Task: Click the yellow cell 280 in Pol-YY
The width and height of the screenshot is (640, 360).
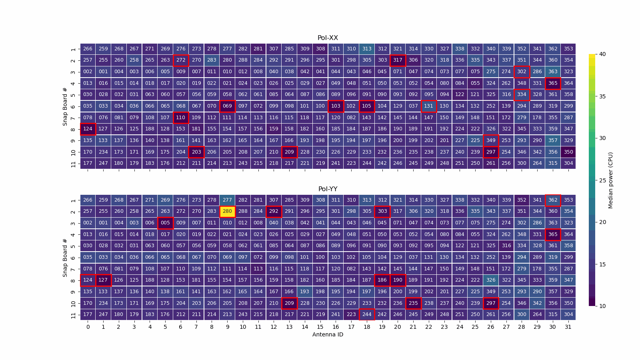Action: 227,211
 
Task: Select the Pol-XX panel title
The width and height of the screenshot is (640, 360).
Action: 328,38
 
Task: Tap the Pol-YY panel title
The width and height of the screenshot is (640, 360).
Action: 328,189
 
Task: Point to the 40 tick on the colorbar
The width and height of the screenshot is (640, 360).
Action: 602,54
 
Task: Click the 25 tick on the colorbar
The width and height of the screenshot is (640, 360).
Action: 602,180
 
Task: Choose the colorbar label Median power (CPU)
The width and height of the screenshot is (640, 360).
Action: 610,180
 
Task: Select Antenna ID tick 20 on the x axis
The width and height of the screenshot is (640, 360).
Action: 397,327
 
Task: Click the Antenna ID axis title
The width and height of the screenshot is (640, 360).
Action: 328,334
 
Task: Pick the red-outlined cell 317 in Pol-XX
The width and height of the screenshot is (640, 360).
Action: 398,60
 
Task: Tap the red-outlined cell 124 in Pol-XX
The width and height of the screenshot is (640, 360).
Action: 88,129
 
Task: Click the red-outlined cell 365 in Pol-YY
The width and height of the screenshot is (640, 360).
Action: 552,234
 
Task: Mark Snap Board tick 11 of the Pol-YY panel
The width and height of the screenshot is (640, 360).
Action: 73,315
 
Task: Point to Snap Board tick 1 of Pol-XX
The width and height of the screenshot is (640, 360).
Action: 73,49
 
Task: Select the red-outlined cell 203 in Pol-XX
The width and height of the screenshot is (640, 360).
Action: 196,152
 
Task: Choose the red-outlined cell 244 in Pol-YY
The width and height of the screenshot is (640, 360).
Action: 367,314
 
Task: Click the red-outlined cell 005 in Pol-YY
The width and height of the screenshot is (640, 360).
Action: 165,223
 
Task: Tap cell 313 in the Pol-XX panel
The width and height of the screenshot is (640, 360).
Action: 367,49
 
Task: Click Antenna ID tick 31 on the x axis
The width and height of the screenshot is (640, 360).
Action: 568,327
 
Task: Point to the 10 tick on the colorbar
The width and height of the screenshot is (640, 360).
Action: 602,306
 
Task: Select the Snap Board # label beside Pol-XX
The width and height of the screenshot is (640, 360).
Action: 65,106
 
